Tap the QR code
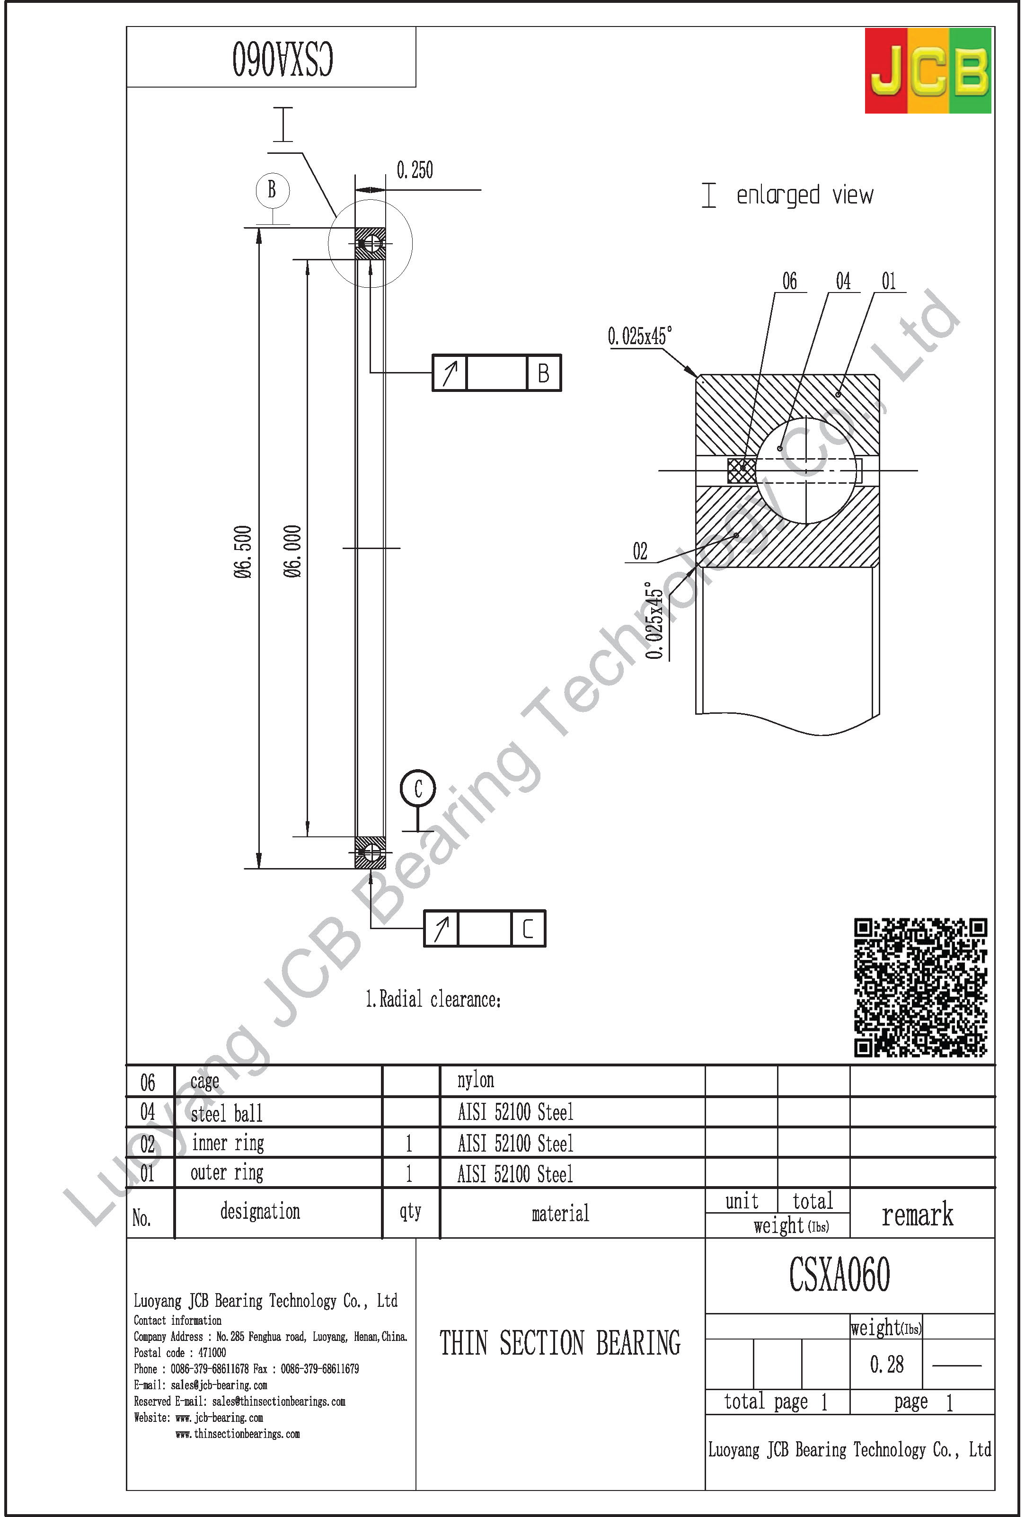[x=920, y=987]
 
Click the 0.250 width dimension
[x=414, y=170]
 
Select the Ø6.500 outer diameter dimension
[x=243, y=551]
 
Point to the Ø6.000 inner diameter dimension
[x=292, y=551]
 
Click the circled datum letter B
[x=272, y=190]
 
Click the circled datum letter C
[x=417, y=788]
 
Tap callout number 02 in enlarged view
[x=640, y=551]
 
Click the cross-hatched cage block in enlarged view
[x=742, y=470]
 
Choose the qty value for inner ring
[x=409, y=1143]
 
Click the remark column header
[x=918, y=1215]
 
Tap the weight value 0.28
[x=886, y=1364]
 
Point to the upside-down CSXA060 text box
[x=282, y=59]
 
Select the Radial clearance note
[x=433, y=999]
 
